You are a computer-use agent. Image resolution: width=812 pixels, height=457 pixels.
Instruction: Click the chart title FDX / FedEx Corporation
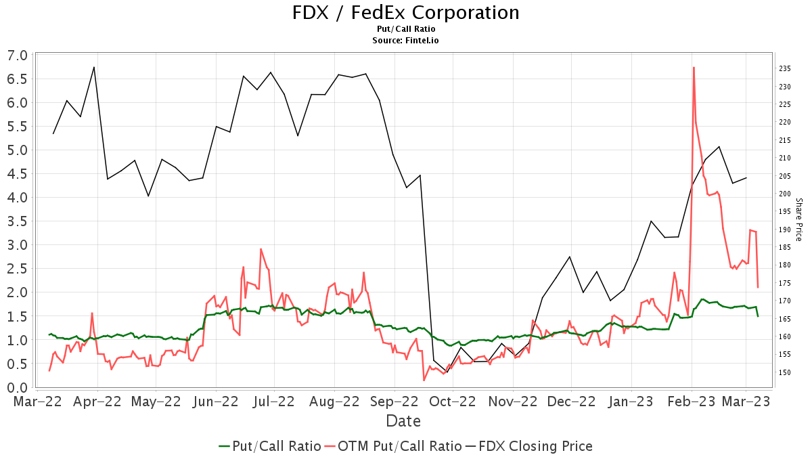[406, 12]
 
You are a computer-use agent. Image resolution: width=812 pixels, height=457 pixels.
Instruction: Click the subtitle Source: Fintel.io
[406, 40]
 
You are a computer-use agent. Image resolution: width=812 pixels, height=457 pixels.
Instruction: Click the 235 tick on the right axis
[786, 68]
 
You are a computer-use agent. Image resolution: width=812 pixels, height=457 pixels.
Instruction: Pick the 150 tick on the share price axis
[786, 372]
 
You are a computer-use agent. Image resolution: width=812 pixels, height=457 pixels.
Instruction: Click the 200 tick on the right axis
[786, 194]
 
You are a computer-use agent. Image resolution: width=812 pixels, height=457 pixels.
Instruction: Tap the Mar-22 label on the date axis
[39, 401]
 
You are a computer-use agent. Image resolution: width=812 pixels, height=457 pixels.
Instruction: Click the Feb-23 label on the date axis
[687, 401]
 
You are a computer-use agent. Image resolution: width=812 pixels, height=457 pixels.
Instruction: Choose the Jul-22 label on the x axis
[275, 401]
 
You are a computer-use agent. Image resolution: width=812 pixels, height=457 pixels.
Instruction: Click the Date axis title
[403, 421]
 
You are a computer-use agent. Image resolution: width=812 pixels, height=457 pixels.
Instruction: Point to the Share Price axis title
[798, 219]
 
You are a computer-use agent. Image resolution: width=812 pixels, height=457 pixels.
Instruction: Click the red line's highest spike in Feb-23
[694, 67]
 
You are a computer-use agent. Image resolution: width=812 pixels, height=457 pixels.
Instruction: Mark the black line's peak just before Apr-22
[94, 67]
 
